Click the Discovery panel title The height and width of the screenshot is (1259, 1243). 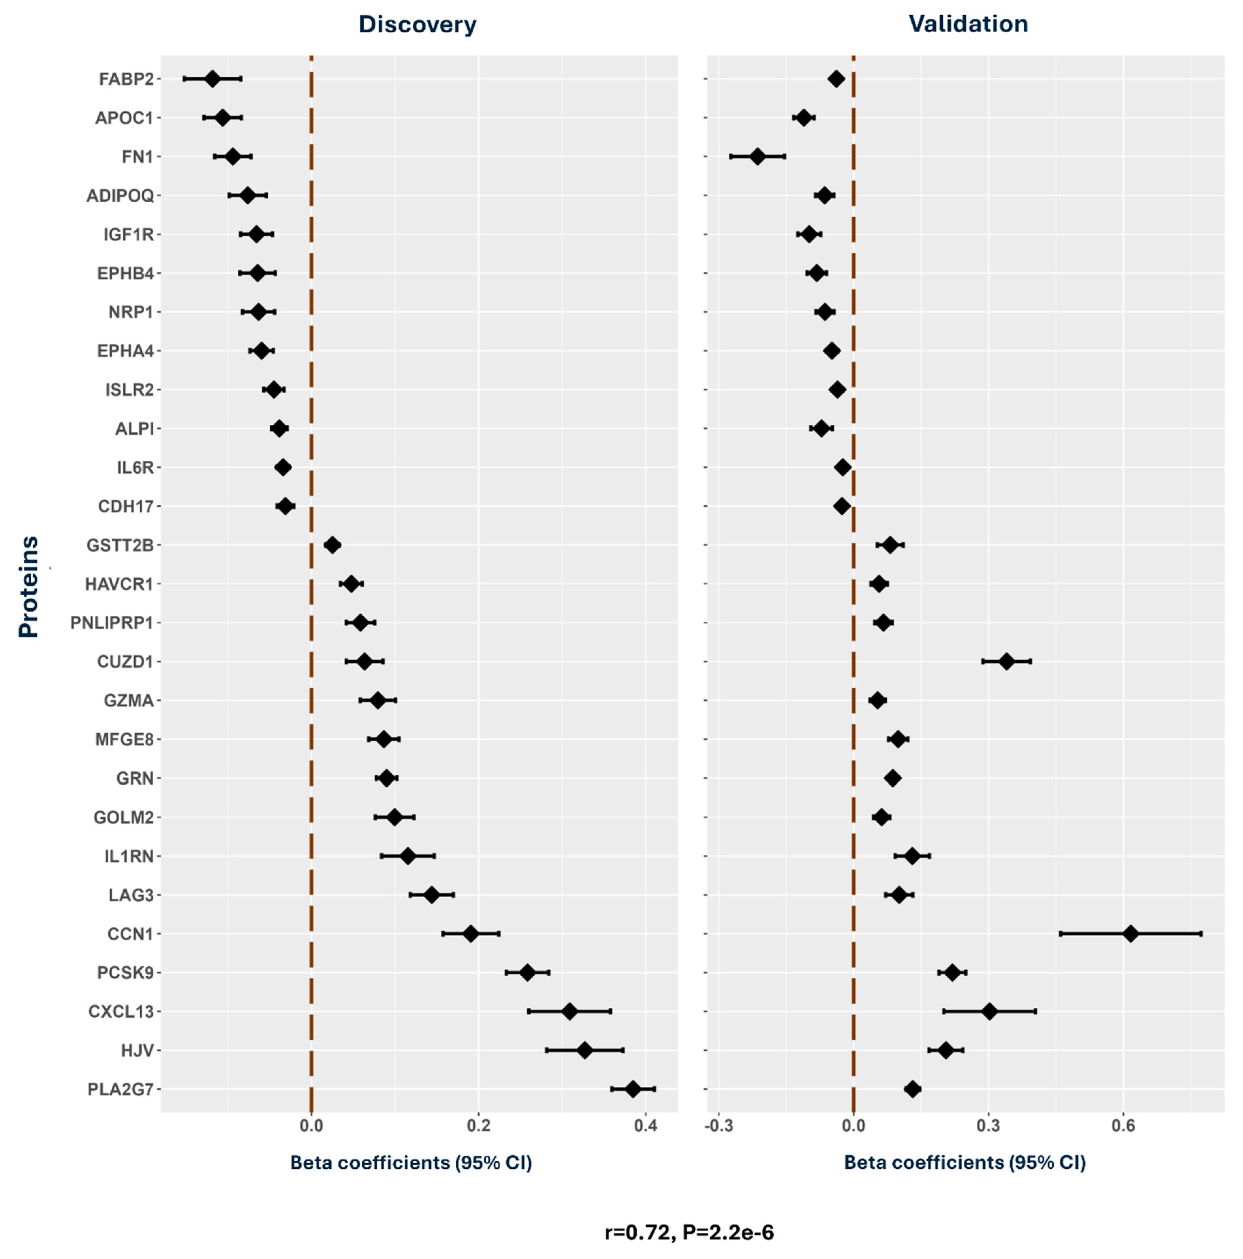417,25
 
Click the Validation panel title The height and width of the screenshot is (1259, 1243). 968,24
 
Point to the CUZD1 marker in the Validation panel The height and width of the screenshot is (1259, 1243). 1006,661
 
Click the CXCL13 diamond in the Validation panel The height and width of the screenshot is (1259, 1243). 989,1011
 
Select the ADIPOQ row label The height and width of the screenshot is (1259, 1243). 120,195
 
